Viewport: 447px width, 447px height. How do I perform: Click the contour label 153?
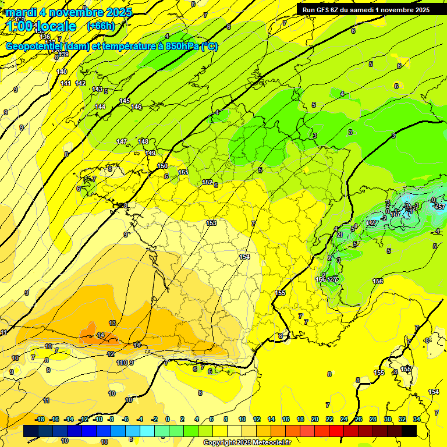tap(211, 223)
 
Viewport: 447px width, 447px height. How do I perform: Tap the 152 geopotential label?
tap(207, 183)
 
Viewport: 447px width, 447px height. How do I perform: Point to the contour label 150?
tap(162, 166)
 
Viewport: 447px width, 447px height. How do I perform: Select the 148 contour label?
tap(143, 141)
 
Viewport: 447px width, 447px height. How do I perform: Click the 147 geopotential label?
tap(122, 142)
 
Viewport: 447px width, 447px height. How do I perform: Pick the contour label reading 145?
tap(125, 101)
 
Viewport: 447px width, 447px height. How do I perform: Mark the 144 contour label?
tap(101, 107)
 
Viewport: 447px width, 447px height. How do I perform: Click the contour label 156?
tap(378, 282)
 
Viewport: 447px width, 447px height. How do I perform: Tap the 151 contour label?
tap(183, 173)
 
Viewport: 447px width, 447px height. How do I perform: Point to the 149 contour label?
tap(150, 153)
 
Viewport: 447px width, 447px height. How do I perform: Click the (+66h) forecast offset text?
tap(101, 26)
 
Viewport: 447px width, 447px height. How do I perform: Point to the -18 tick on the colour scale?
tap(40, 419)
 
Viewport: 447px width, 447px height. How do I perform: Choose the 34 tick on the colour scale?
tap(417, 419)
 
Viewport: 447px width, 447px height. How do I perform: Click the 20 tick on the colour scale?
tap(315, 419)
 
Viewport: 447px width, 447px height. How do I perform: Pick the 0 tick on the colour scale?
tap(168, 419)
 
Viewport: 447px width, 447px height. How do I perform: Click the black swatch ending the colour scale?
tap(409, 431)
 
